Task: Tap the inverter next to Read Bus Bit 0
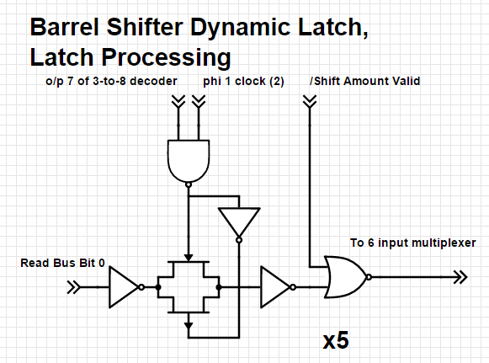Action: [x=123, y=287]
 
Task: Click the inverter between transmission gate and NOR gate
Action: [x=274, y=287]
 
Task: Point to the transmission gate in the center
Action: [x=188, y=287]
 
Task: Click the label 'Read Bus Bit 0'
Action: [x=62, y=264]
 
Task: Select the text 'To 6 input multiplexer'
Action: [x=412, y=243]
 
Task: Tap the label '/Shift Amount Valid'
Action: [x=364, y=82]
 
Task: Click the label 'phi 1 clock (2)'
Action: [x=242, y=82]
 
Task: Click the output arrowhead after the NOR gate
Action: [x=460, y=277]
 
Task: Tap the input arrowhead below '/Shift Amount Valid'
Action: [x=309, y=102]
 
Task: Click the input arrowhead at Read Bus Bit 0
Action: [x=74, y=287]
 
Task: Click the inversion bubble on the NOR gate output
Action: [x=369, y=277]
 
